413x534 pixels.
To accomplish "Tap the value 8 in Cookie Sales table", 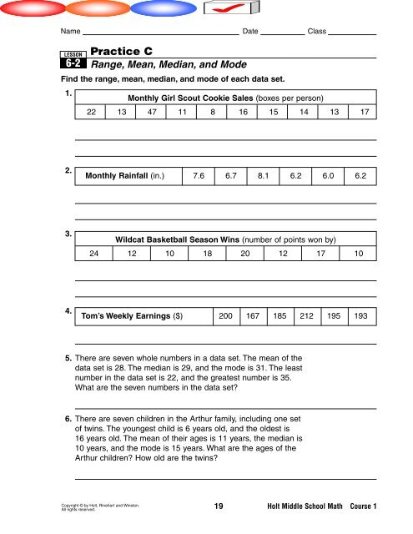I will [214, 112].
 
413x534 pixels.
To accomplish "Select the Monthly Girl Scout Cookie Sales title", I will [225, 97].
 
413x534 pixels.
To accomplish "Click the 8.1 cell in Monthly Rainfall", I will [263, 176].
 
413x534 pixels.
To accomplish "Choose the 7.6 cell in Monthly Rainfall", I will [198, 176].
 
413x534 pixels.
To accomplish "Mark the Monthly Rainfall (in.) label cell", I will [125, 176].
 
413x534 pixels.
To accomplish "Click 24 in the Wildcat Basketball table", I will [94, 254].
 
